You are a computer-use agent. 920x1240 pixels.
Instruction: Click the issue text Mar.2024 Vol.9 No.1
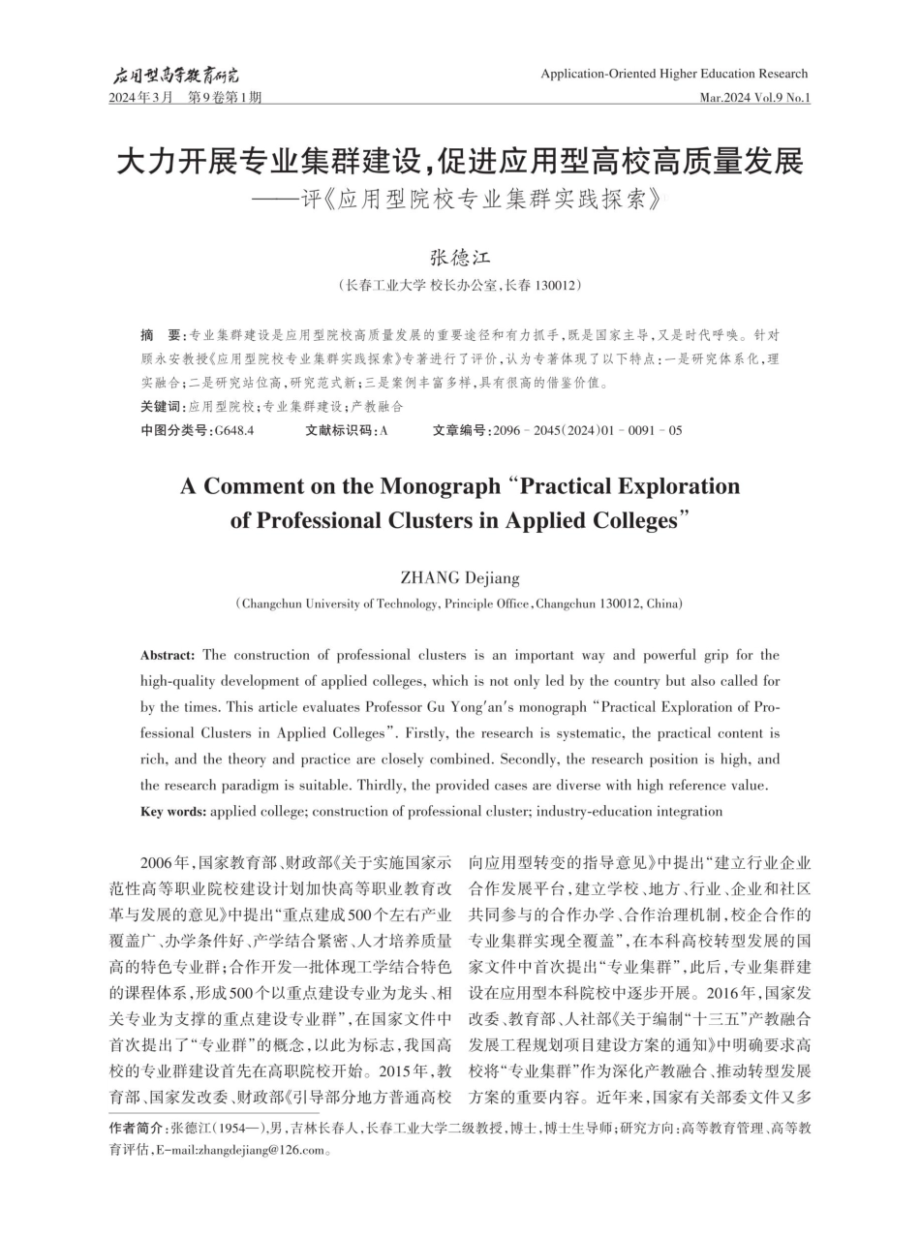(754, 98)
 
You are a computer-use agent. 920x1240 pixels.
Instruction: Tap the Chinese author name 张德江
(460, 259)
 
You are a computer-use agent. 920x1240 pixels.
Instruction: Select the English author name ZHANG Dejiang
(460, 578)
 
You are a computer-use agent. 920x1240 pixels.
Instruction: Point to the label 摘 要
(161, 335)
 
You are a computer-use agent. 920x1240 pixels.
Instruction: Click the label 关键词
(161, 407)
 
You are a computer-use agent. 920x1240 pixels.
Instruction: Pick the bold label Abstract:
(168, 656)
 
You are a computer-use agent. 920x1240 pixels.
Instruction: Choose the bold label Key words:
(173, 811)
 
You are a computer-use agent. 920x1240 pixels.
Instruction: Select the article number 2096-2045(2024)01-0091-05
(587, 430)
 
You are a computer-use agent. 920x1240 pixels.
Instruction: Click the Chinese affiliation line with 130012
(460, 286)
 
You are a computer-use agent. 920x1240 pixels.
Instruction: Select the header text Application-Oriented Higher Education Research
(674, 74)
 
